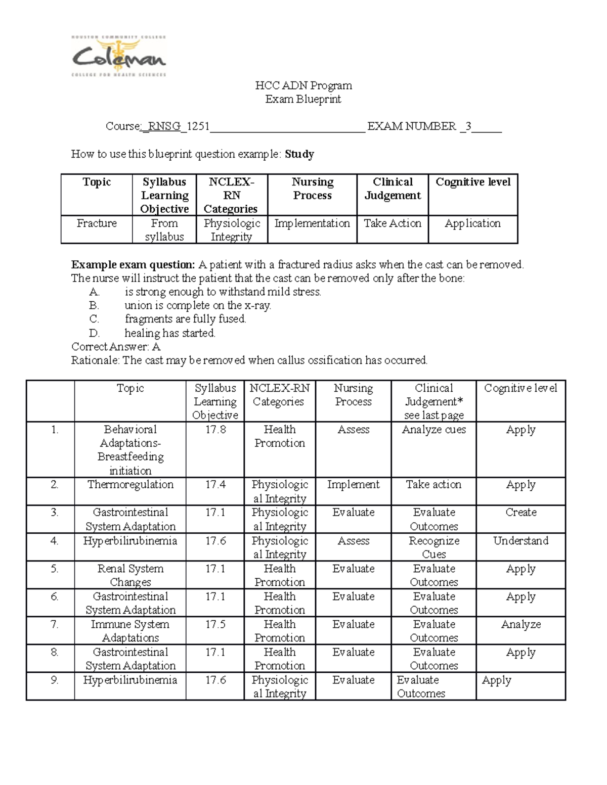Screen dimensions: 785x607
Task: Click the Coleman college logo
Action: pos(119,56)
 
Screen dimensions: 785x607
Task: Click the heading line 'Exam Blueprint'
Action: pos(303,99)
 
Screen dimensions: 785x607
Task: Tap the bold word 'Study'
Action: pos(299,154)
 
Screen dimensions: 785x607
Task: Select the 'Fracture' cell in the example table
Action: pos(97,223)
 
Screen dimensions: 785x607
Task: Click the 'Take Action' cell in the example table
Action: pos(393,223)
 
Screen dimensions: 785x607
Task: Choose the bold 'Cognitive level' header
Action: pos(473,182)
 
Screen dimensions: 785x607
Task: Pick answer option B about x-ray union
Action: pos(197,305)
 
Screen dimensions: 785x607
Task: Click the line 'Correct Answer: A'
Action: pos(116,347)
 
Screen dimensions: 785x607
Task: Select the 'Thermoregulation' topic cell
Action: pos(130,485)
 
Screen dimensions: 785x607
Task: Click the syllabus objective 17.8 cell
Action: pos(215,430)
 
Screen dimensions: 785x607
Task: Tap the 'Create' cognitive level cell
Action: pos(521,513)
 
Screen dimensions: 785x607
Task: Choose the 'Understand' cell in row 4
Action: pos(521,541)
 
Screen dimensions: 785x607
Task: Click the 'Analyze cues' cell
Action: pos(433,430)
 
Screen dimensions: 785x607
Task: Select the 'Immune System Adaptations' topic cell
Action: pos(130,631)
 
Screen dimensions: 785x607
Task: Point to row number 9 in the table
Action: pos(55,680)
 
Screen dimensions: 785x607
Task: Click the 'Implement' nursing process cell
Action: pos(353,485)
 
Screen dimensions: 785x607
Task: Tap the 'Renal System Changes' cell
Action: pos(130,575)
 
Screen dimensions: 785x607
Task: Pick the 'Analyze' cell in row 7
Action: pos(521,625)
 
